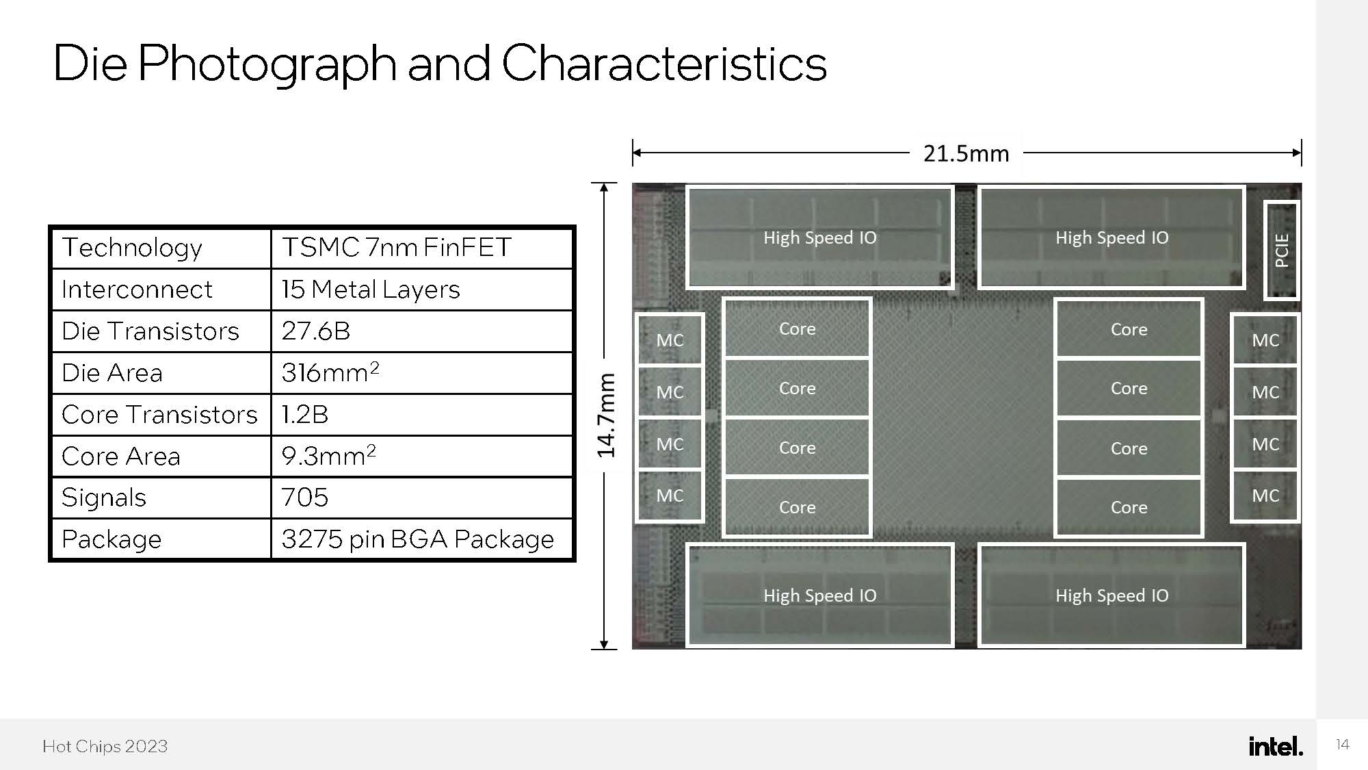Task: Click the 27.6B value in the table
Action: click(x=316, y=331)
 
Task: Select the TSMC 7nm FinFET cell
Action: click(x=397, y=248)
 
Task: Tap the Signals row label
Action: click(x=104, y=498)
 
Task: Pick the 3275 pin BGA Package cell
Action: click(x=417, y=539)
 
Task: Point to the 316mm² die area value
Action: click(x=330, y=373)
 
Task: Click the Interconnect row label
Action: click(x=137, y=290)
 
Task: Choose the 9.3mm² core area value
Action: click(x=328, y=456)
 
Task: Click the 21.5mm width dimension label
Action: click(x=966, y=153)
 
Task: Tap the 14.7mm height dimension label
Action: click(x=606, y=415)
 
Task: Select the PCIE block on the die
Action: click(x=1281, y=251)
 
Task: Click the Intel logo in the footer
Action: click(x=1276, y=746)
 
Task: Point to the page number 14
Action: click(x=1342, y=745)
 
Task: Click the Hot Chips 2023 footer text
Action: click(x=105, y=746)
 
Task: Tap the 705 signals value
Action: click(x=305, y=498)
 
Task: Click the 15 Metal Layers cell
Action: click(x=371, y=290)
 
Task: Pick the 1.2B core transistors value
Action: click(x=305, y=415)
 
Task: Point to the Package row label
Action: click(x=111, y=539)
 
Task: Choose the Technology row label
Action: click(x=132, y=248)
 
